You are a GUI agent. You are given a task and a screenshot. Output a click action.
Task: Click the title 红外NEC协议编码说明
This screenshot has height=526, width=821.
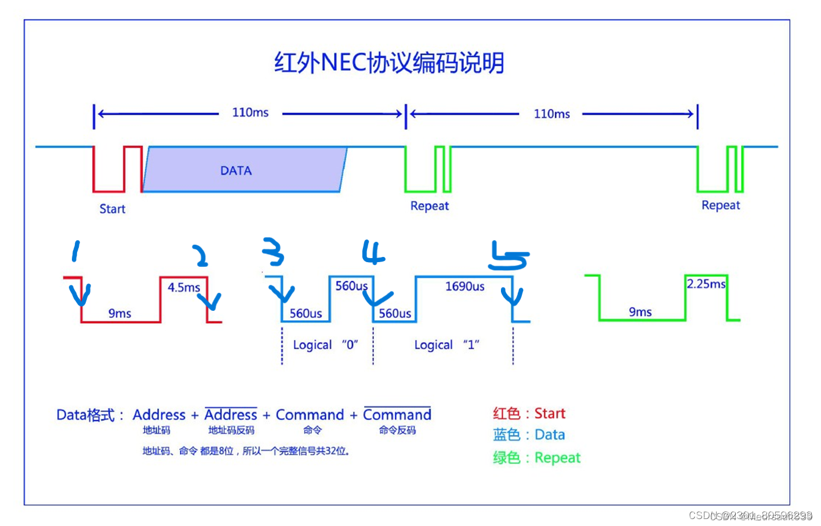pos(389,63)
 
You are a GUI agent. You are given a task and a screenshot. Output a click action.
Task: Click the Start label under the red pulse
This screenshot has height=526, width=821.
pos(112,209)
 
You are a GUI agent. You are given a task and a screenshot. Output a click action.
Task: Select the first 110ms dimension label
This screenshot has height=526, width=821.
pos(250,113)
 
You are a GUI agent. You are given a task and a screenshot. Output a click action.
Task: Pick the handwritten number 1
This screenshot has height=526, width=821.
pos(75,252)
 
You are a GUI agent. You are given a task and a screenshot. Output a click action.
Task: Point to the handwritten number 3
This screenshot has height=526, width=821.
pos(273,252)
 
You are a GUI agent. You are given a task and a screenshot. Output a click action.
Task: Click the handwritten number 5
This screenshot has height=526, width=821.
pos(508,256)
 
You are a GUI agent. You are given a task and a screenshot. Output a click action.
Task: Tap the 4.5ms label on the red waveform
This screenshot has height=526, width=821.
pos(184,287)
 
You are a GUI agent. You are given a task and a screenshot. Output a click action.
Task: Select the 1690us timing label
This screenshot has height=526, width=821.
pos(464,286)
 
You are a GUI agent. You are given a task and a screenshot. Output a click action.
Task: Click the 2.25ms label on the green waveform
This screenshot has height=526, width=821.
pos(706,284)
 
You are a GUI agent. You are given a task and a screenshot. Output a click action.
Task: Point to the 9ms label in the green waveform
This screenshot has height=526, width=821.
pos(640,312)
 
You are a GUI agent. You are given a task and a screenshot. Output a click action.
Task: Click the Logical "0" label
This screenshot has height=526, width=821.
pos(325,345)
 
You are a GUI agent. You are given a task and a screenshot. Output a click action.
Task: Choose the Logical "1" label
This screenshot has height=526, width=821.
pos(446,345)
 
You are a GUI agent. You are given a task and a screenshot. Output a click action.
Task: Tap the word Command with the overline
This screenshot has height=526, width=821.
pos(397,415)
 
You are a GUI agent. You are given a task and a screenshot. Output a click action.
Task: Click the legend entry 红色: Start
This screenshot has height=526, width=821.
pos(529,413)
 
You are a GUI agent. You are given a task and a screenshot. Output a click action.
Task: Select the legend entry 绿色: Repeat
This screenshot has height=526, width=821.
pos(536,458)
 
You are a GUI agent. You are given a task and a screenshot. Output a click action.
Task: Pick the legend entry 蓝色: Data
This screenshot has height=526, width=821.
pos(529,435)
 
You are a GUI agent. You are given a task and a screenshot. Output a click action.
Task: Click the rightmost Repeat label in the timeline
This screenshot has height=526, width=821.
pos(721,205)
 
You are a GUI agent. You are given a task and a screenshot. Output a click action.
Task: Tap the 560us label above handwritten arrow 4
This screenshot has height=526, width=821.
pos(351,286)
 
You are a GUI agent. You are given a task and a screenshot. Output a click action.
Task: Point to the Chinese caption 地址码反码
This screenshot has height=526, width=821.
pos(231,430)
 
